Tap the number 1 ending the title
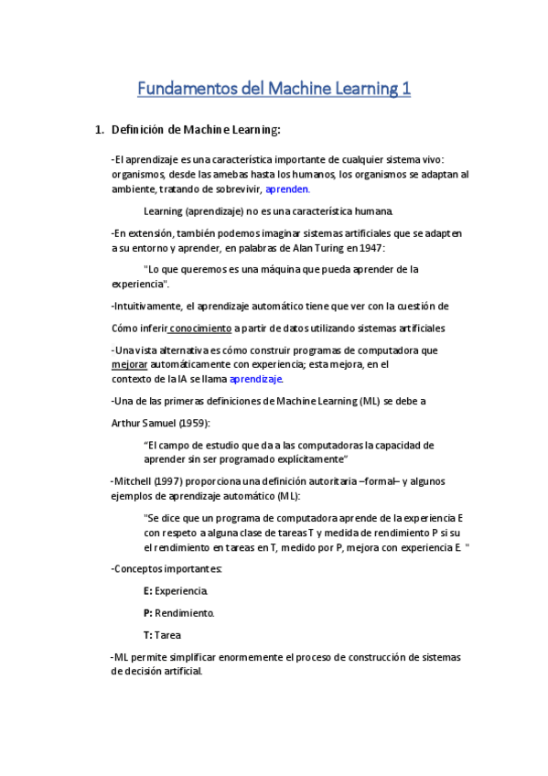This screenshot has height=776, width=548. (x=405, y=89)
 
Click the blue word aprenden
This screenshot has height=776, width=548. (x=287, y=189)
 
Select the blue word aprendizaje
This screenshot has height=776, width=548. (x=256, y=379)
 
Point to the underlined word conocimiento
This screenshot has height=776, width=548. (x=200, y=328)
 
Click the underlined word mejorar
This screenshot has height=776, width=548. (x=128, y=364)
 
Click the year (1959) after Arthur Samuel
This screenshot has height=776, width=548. (x=193, y=423)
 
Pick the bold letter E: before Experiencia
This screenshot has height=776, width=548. (x=147, y=591)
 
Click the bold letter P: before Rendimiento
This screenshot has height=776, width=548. (x=147, y=612)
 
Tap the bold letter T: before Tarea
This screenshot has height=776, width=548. (x=147, y=634)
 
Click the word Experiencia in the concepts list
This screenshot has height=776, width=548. (x=181, y=591)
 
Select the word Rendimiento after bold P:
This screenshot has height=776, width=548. (x=184, y=612)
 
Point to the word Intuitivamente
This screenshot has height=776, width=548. (x=149, y=306)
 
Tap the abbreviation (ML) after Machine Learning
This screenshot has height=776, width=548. (x=366, y=401)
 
